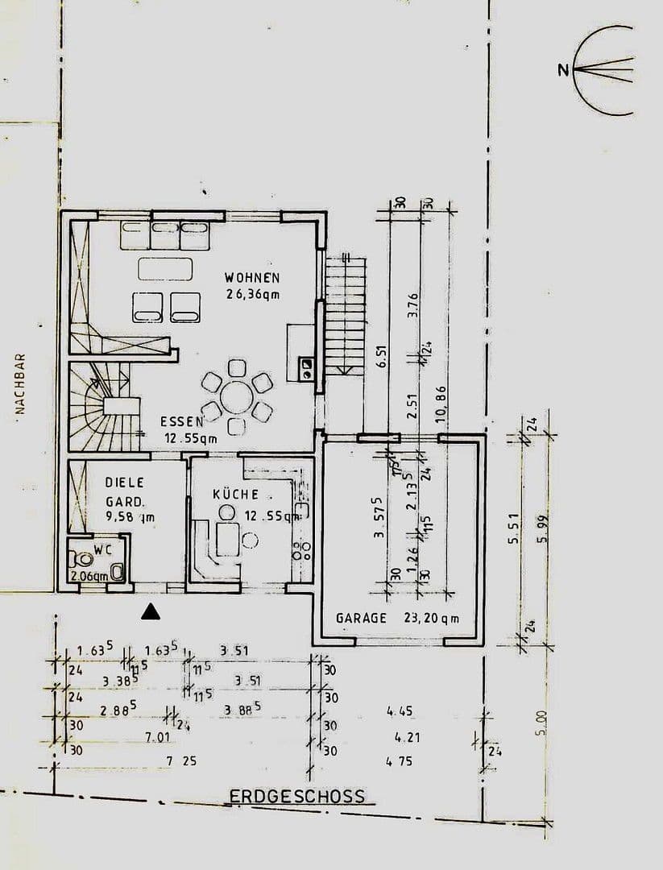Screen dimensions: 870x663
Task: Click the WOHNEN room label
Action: coord(252,278)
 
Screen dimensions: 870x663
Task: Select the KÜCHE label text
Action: coord(235,494)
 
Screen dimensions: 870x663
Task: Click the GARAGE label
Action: coord(362,619)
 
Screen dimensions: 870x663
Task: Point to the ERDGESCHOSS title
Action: coord(296,797)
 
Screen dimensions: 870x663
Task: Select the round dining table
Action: coord(236,396)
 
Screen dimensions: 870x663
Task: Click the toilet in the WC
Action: coord(82,559)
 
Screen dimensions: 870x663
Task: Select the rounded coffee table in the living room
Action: coord(165,268)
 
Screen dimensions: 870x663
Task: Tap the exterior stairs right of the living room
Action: coord(345,314)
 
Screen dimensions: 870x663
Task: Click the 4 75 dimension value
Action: coord(400,760)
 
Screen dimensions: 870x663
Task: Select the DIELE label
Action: coord(125,483)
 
